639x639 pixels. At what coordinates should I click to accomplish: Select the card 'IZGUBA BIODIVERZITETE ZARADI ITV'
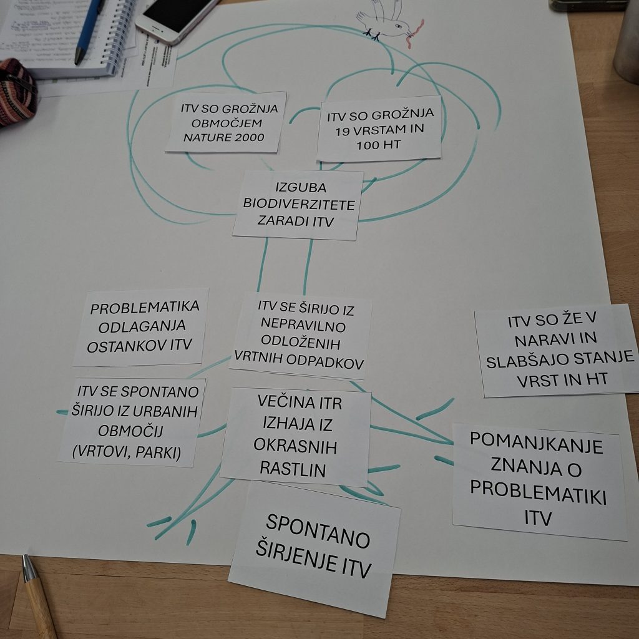298,205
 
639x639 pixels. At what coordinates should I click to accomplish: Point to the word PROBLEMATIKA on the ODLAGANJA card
145,308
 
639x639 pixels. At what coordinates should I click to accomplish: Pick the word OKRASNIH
295,447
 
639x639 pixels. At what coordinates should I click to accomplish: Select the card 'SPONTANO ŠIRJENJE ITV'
316,547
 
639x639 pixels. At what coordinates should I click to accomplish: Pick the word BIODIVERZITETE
299,205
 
